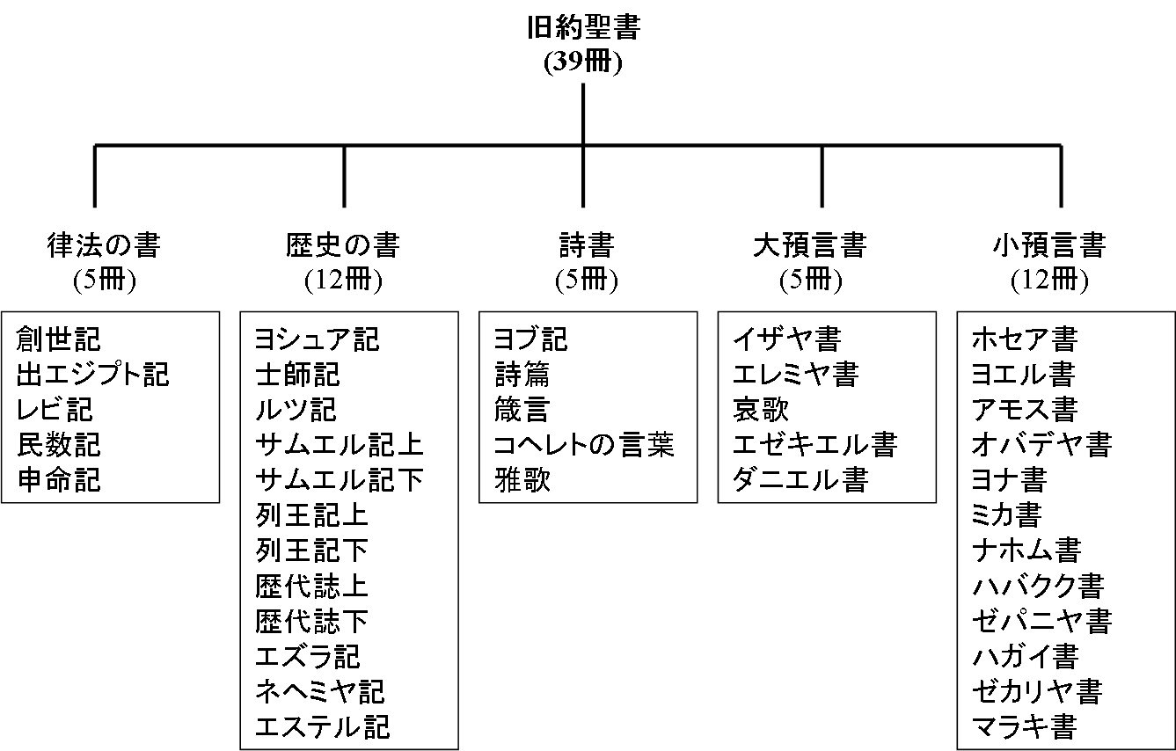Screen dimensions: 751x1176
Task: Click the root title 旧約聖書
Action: pos(583,29)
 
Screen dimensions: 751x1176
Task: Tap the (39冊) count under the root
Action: pos(583,62)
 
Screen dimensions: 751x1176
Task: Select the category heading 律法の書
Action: pos(104,244)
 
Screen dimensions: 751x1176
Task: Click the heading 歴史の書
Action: pos(343,244)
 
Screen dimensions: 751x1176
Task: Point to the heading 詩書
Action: pos(586,244)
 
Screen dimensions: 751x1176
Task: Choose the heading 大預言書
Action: pos(810,244)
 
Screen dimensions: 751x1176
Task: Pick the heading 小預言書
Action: pos(1049,244)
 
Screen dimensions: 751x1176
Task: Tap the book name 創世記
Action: pos(59,339)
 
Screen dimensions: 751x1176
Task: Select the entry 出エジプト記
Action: pos(93,374)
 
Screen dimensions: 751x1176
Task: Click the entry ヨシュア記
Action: pos(317,339)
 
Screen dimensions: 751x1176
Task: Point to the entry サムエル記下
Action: pos(340,479)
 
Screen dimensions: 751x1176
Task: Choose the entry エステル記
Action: pos(322,726)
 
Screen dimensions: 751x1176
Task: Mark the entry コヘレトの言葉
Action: pos(584,444)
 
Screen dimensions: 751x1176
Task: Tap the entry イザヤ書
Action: pos(786,339)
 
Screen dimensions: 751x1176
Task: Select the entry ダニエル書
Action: pos(800,479)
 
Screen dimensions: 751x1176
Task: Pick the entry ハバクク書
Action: pos(1038,586)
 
